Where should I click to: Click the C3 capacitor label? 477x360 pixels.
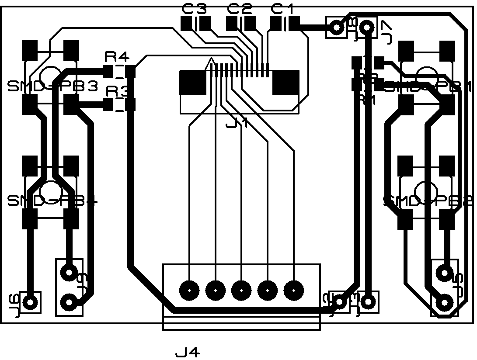(194, 8)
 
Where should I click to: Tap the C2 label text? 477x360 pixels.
(240, 8)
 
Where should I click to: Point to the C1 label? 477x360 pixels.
(283, 8)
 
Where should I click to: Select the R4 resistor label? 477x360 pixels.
(117, 57)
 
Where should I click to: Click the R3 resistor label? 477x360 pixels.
(118, 92)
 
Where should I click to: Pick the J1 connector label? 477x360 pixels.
(237, 124)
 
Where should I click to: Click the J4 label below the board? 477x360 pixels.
(188, 352)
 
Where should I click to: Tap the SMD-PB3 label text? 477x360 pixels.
(52, 87)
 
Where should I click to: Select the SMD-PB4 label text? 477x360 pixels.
(52, 201)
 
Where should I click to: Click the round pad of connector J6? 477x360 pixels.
(30, 301)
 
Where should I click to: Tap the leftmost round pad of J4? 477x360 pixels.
(189, 290)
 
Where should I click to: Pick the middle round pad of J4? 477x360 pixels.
(241, 290)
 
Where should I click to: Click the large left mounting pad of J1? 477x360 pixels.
(193, 82)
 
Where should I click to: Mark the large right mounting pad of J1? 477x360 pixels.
(286, 82)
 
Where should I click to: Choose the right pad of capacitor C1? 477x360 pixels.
(294, 24)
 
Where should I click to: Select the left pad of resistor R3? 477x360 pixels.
(108, 104)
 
